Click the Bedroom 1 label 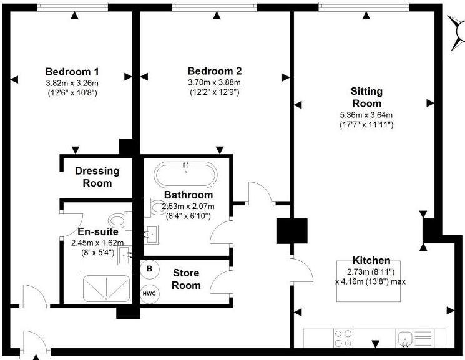(x=72, y=72)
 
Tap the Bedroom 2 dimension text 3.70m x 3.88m (x=214, y=82)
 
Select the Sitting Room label (x=366, y=97)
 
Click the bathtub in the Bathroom (x=185, y=175)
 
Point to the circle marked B (x=150, y=270)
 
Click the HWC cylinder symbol (x=149, y=294)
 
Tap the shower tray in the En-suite (x=105, y=288)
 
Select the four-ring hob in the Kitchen (x=343, y=339)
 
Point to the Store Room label (x=186, y=279)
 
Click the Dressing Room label (x=97, y=177)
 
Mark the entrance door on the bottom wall (x=34, y=343)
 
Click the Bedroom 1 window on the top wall (x=72, y=6)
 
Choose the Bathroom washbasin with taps (x=152, y=235)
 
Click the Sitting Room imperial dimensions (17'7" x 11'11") (x=366, y=125)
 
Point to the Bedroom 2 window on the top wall (x=215, y=6)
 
